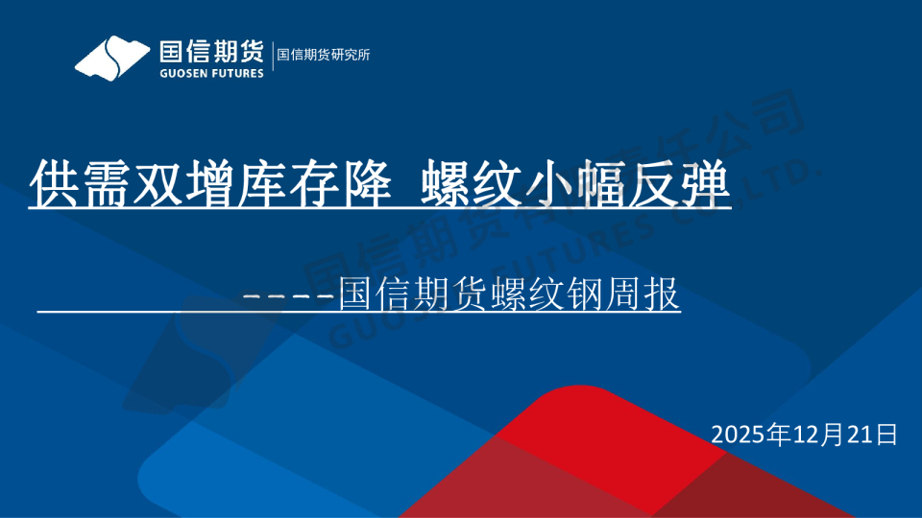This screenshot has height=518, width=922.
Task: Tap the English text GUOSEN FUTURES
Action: (211, 73)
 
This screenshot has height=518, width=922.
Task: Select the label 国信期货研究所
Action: (324, 55)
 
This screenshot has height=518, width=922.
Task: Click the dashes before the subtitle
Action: (290, 295)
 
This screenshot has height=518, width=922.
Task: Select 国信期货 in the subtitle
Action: (415, 294)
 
